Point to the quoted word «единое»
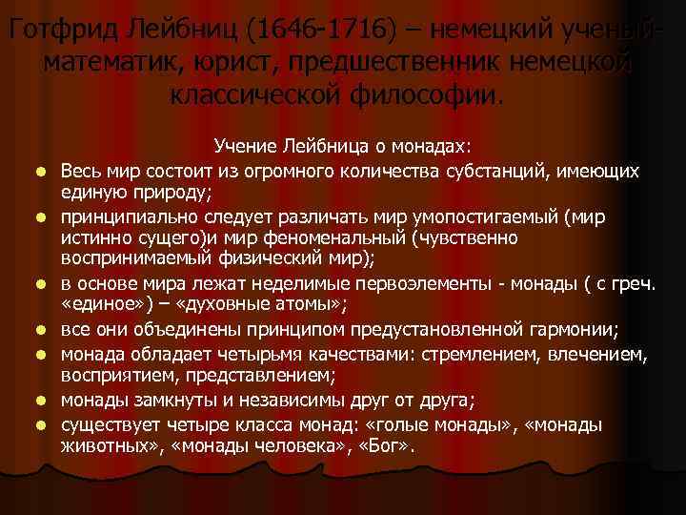click(104, 306)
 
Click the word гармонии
click(575, 330)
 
